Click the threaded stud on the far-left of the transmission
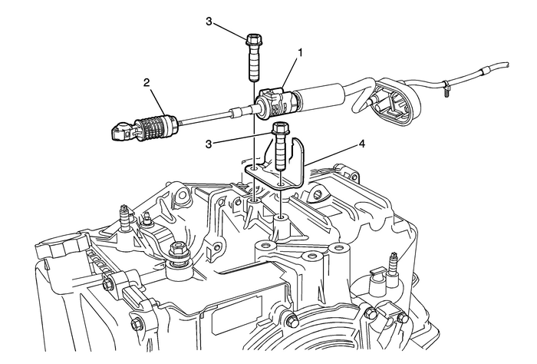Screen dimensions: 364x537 (123, 215)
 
